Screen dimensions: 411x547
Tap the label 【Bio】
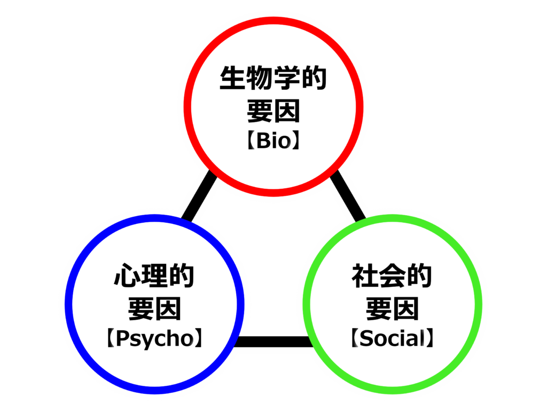coord(273,140)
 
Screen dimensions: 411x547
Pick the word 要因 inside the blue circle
coord(154,309)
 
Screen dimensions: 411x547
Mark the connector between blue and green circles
coord(273,341)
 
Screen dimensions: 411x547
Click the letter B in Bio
coord(264,141)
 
